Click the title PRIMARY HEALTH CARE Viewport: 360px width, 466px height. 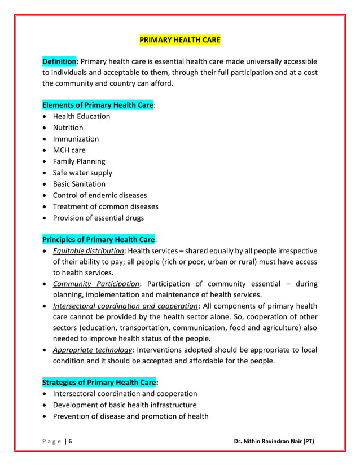(x=179, y=40)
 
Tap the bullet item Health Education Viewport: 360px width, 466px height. (x=81, y=116)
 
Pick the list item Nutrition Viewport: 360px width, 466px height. (x=68, y=128)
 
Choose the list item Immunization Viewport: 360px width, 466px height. (x=76, y=139)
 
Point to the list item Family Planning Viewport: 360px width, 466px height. (x=79, y=161)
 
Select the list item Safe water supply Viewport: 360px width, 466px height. (x=82, y=173)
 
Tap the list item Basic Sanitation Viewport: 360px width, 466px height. (x=79, y=184)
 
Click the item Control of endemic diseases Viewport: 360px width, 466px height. (x=99, y=195)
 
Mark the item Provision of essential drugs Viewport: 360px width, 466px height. (x=98, y=218)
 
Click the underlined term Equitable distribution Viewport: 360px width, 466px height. (x=88, y=250)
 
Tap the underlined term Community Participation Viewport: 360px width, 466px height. (x=96, y=283)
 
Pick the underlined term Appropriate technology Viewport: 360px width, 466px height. (x=93, y=350)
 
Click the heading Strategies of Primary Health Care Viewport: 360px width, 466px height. (x=99, y=383)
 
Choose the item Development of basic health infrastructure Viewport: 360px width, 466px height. (x=125, y=405)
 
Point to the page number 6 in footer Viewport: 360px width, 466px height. (x=70, y=441)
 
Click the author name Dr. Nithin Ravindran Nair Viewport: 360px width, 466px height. (x=274, y=441)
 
